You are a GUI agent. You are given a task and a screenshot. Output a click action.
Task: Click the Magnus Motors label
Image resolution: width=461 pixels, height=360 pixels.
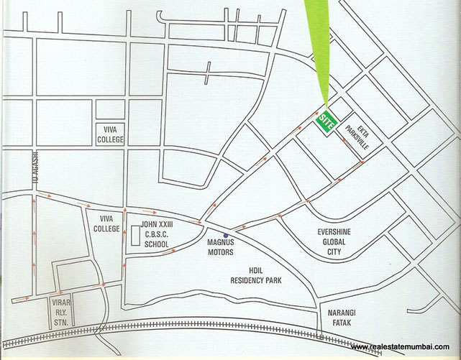coord(222,246)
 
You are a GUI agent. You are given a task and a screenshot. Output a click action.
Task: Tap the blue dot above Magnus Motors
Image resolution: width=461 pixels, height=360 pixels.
coord(226,235)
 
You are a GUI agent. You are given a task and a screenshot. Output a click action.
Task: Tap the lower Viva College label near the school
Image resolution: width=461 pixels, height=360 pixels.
coord(106,224)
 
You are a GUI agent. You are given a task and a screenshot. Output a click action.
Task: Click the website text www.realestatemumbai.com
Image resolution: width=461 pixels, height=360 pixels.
coord(405,348)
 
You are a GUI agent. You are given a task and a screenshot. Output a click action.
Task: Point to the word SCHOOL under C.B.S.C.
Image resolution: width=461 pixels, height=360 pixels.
coord(156,244)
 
